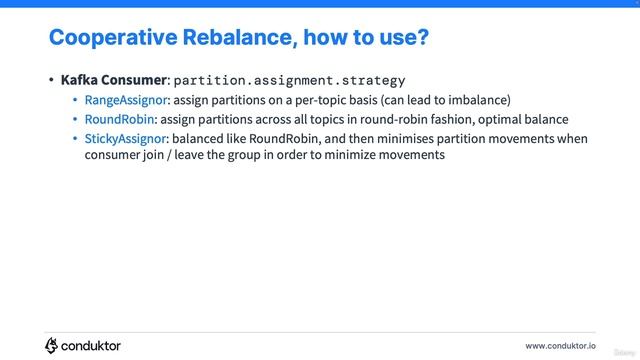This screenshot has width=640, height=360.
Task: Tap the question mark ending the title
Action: tap(424, 38)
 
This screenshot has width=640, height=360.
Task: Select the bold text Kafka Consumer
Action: tap(113, 80)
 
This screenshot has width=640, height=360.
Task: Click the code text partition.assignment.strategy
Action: tap(289, 80)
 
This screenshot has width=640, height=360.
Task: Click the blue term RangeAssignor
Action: tap(126, 100)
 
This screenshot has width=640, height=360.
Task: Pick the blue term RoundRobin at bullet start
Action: tap(119, 119)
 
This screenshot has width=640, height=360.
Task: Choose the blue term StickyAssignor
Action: tap(126, 138)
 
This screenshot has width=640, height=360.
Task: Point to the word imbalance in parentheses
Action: tap(477, 100)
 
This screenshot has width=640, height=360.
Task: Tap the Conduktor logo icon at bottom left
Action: tap(52, 345)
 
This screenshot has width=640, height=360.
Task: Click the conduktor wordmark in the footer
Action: tap(91, 345)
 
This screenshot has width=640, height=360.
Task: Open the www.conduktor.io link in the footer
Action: tap(560, 345)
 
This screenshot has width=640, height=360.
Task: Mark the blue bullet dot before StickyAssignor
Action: tap(75, 138)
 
